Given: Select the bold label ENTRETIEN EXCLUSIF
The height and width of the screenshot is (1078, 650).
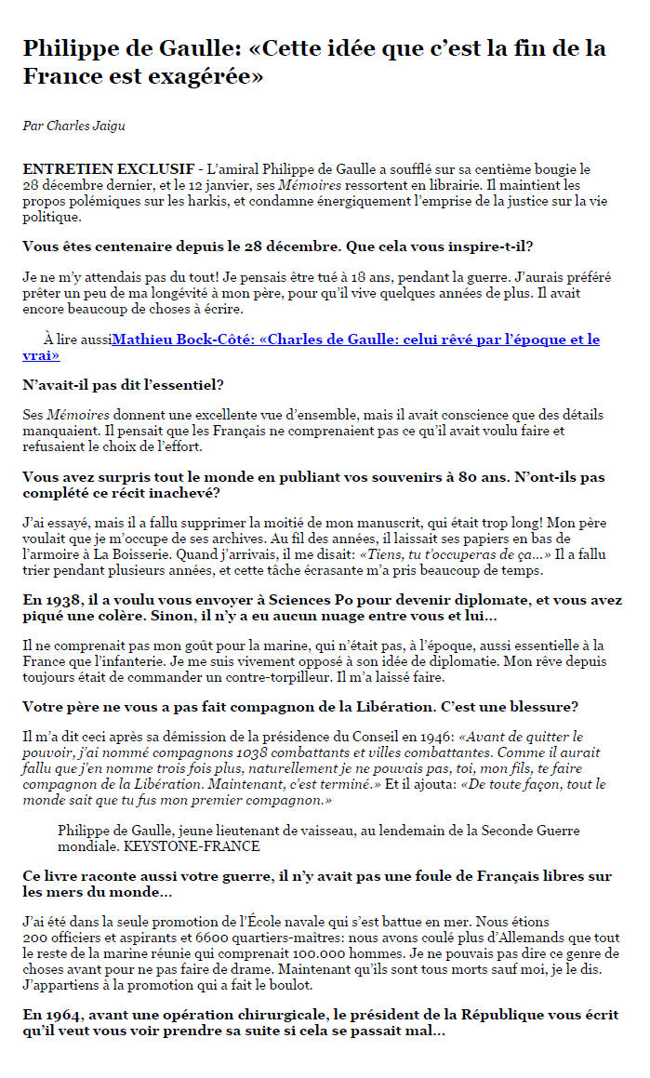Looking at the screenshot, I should click(x=109, y=170).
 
